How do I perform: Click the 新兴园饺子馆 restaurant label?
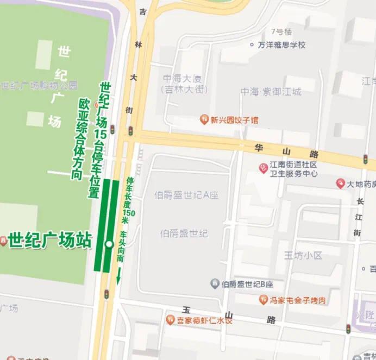(x=234, y=119)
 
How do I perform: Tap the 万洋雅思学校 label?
(x=281, y=45)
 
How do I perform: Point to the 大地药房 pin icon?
(x=341, y=184)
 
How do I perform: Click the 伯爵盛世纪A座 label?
(x=186, y=195)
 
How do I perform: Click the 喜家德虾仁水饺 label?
(x=204, y=320)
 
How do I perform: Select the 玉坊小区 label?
(x=303, y=255)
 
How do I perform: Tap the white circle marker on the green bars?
(x=109, y=244)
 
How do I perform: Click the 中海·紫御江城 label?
(x=271, y=92)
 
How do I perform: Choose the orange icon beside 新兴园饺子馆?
(x=204, y=119)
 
